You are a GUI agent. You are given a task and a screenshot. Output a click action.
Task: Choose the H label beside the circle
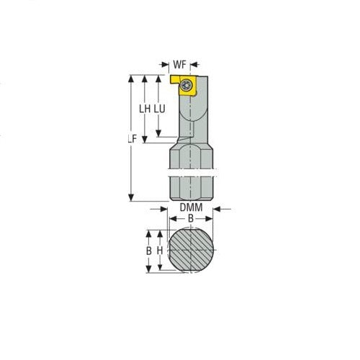click(x=161, y=251)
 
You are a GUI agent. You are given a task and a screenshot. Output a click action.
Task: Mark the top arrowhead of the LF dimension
click(x=132, y=77)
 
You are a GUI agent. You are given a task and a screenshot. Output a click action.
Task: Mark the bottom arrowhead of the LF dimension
click(x=132, y=199)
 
